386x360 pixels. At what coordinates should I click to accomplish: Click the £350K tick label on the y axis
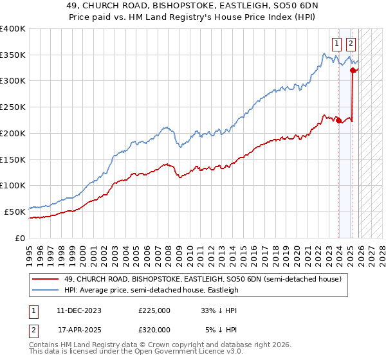[x=13, y=55]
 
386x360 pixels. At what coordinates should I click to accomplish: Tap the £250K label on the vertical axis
[x=13, y=107]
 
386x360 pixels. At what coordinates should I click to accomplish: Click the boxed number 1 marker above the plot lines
[x=336, y=44]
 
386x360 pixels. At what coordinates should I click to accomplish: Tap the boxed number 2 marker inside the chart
[x=351, y=44]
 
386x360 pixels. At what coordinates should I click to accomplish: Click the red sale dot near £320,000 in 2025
[x=353, y=71]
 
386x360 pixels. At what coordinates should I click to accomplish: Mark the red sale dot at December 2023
[x=338, y=120]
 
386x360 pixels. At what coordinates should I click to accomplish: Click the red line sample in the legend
[x=46, y=279]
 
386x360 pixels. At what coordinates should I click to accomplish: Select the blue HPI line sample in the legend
[x=46, y=290]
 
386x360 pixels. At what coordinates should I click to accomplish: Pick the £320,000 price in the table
[x=154, y=329]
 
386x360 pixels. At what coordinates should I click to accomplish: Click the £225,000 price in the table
[x=154, y=310]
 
